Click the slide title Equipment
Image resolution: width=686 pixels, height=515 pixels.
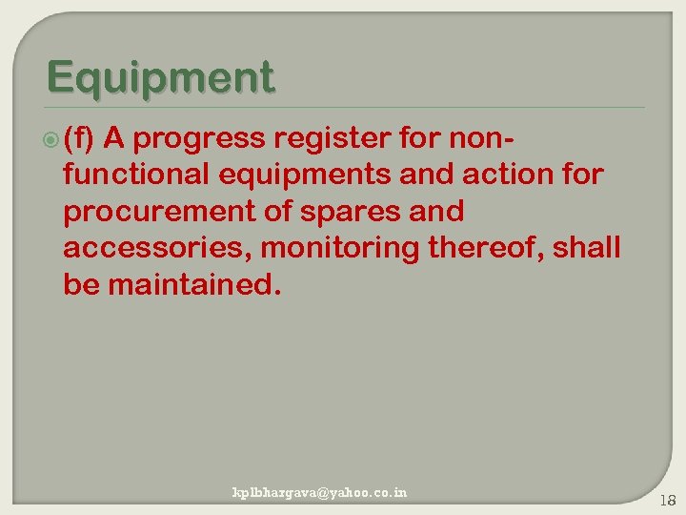coord(160,76)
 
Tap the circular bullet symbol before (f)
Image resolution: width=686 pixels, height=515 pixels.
coord(52,140)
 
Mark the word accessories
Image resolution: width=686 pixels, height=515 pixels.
coord(157,247)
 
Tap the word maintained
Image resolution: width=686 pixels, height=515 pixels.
coord(195,283)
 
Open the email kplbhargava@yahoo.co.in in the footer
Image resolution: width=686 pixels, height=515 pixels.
coord(319,492)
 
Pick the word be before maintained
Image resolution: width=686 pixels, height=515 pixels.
coord(81,283)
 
